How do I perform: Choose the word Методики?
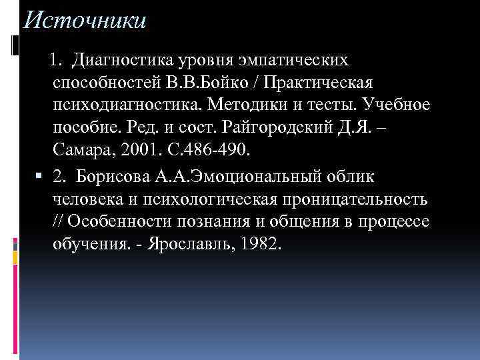coord(245,105)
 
